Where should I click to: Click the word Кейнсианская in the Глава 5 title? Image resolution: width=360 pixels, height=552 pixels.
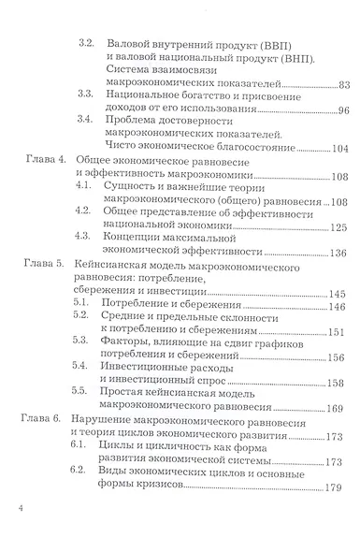pyautogui.click(x=112, y=267)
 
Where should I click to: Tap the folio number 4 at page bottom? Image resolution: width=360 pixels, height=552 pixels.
pyautogui.click(x=19, y=534)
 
